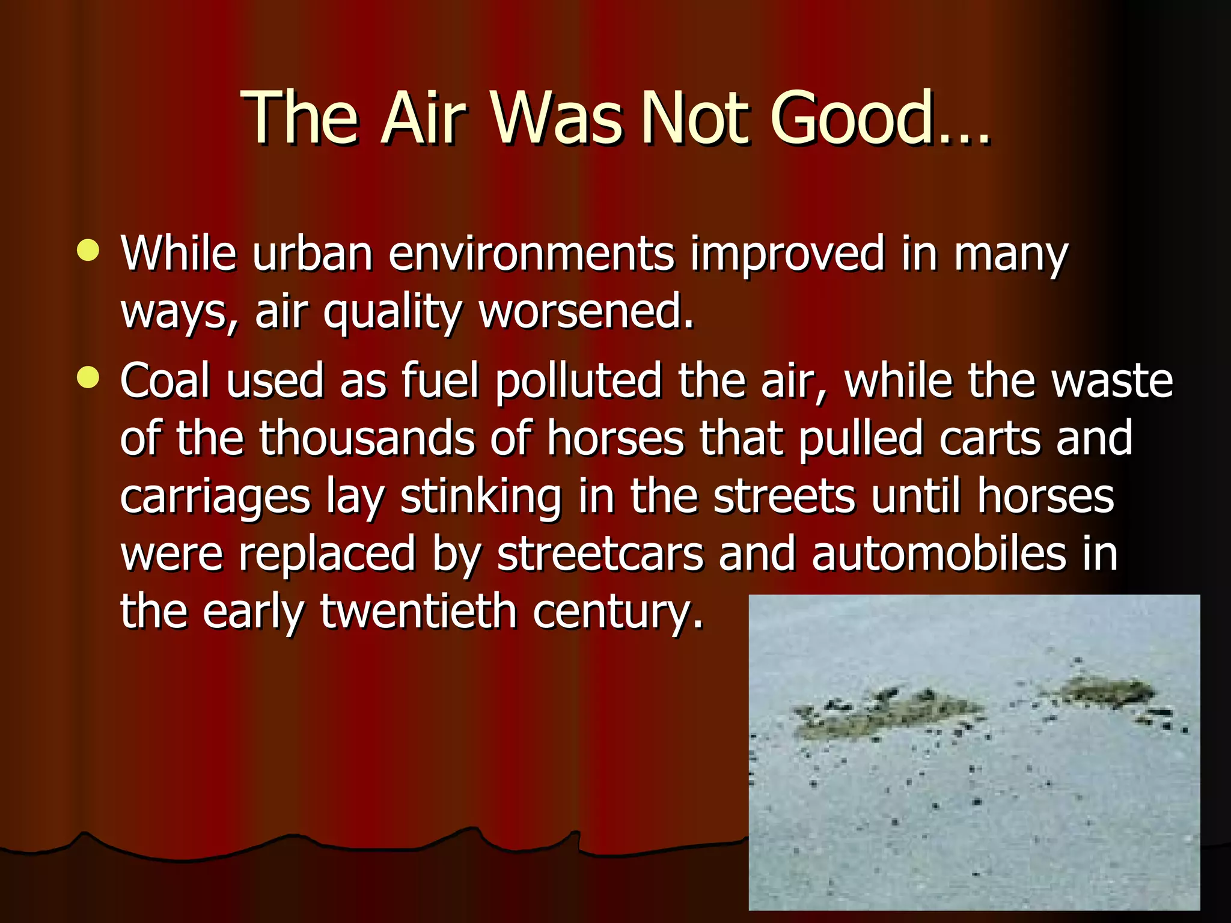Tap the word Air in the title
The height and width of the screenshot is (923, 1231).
pos(423,118)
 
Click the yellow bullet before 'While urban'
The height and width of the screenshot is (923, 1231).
pos(88,251)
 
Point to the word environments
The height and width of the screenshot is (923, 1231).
pos(531,254)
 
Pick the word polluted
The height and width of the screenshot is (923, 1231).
pos(578,381)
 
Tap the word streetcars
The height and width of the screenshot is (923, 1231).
pos(600,553)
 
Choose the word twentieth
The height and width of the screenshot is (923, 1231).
pos(418,611)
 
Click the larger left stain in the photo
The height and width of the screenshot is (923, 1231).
pos(884,715)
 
